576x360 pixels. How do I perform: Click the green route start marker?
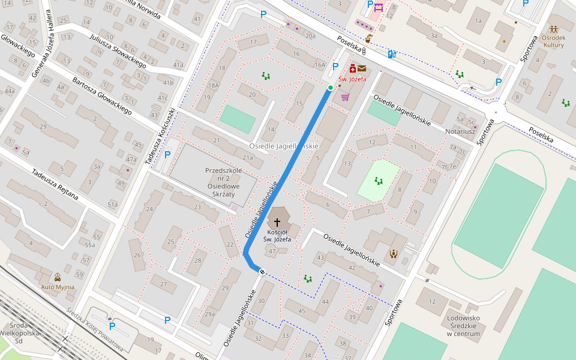330,88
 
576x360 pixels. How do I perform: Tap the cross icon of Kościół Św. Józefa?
277,222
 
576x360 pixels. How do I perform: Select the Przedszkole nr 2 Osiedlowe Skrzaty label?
223,186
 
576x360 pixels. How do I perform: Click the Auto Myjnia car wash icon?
58,277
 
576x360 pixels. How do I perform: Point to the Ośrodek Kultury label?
554,41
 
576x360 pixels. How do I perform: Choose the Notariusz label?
460,131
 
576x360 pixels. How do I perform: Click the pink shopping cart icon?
346,97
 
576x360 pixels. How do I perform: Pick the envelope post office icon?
362,68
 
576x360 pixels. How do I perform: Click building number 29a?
209,314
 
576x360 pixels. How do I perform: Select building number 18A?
213,86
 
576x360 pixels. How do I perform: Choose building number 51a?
112,205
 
